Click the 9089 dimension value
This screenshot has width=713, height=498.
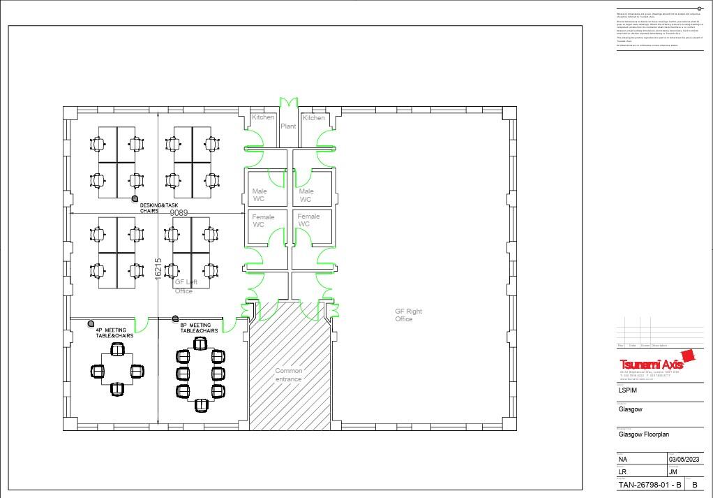(x=179, y=213)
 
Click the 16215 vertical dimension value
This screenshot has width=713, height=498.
(x=158, y=269)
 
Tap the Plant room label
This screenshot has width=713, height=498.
(x=288, y=126)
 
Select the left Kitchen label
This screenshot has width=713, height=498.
(x=263, y=117)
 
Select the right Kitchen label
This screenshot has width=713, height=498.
(x=313, y=118)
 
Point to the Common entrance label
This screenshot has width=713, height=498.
(x=289, y=375)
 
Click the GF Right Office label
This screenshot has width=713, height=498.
(x=408, y=315)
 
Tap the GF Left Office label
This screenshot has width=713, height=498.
(x=186, y=286)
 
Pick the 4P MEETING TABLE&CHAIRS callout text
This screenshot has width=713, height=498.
(x=114, y=332)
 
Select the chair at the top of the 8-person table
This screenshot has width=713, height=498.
(x=201, y=342)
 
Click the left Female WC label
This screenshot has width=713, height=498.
(x=263, y=221)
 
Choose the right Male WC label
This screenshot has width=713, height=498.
(x=306, y=195)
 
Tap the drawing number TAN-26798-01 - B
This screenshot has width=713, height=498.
(x=650, y=485)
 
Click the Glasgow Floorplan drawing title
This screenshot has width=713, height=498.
(x=643, y=434)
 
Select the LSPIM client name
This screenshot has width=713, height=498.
(x=628, y=390)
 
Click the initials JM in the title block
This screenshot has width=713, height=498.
(x=675, y=471)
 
